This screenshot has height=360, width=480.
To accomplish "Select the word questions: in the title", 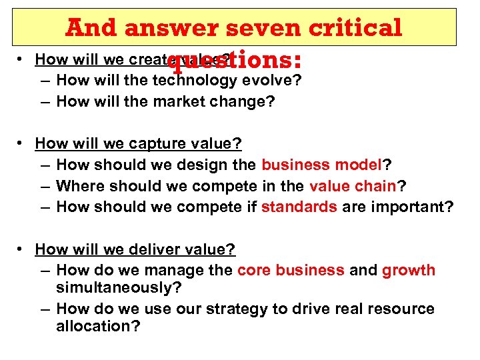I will pos(235,61).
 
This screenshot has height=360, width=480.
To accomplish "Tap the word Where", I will pos(78,185).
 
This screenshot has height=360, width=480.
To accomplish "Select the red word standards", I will pos(299,207).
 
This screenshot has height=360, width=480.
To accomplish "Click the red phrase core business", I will pos(291,270).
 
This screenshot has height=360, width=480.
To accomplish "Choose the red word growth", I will pos(408,270).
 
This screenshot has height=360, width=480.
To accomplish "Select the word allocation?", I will pos(99,327).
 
